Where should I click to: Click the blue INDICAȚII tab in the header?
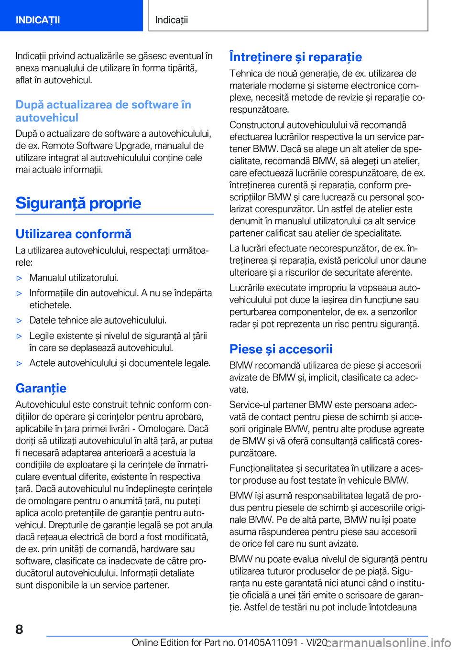pyautogui.click(x=38, y=20)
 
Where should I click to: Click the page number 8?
pyautogui.click(x=19, y=629)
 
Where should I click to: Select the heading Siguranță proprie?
pyautogui.click(x=78, y=203)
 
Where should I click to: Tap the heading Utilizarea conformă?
pyautogui.click(x=73, y=234)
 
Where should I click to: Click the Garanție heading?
pyautogui.click(x=41, y=388)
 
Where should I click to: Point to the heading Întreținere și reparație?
pyautogui.click(x=295, y=57)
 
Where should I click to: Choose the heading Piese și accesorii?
pyautogui.click(x=281, y=349)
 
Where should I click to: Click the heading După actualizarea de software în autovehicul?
pyautogui.click(x=103, y=111)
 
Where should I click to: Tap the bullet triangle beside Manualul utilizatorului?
pyautogui.click(x=20, y=278)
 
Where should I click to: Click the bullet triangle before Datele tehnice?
pyautogui.click(x=20, y=321)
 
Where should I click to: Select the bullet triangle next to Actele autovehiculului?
pyautogui.click(x=20, y=363)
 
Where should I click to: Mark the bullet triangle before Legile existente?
pyautogui.click(x=20, y=336)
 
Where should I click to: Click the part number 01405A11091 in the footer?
pyautogui.click(x=268, y=642)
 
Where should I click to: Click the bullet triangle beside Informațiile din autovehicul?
pyautogui.click(x=20, y=293)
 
